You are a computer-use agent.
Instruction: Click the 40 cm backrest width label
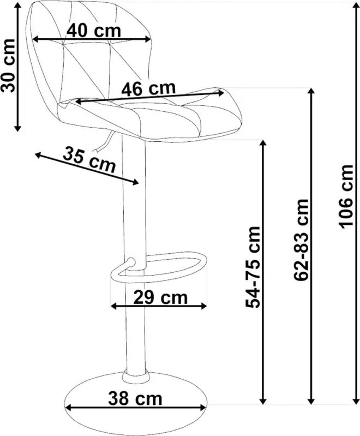94,31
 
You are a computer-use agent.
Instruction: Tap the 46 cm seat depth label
149,89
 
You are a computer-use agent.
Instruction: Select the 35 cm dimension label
89,160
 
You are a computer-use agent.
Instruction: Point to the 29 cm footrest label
160,297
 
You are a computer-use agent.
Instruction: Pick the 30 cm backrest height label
8,65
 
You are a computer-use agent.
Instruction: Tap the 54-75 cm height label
253,267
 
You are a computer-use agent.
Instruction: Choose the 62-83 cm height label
301,240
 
